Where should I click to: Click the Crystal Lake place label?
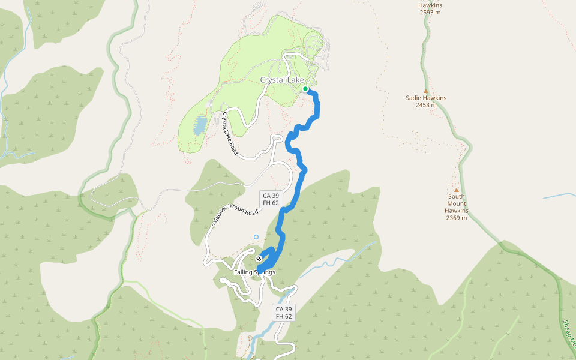pyautogui.click(x=281, y=80)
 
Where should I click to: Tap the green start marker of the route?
pyautogui.click(x=305, y=89)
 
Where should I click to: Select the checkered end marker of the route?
pyautogui.click(x=259, y=259)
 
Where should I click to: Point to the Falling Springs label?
pyautogui.click(x=254, y=272)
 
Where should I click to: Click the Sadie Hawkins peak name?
pyautogui.click(x=426, y=98)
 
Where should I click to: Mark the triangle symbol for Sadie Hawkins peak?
pyautogui.click(x=426, y=91)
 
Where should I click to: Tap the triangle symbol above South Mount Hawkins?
pyautogui.click(x=456, y=190)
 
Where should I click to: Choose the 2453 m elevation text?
pyautogui.click(x=426, y=105)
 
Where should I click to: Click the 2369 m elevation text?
pyautogui.click(x=457, y=218)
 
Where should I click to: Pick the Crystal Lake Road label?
pyautogui.click(x=230, y=134)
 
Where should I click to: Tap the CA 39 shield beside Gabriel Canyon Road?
pyautogui.click(x=271, y=199)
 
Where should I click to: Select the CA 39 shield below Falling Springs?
pyautogui.click(x=284, y=313)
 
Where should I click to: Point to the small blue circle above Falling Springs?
pyautogui.click(x=256, y=237)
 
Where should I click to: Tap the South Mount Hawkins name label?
pyautogui.click(x=457, y=203)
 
